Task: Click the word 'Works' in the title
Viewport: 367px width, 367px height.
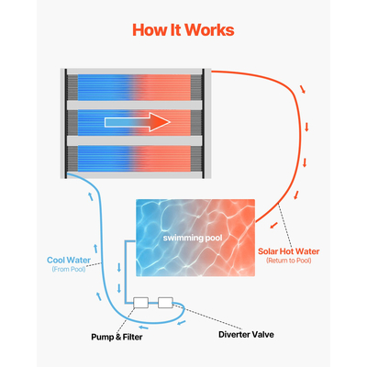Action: [210, 29]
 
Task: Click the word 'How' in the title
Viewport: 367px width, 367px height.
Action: [149, 29]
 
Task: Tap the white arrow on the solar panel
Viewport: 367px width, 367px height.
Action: [138, 122]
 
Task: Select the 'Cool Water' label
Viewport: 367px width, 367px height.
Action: [69, 259]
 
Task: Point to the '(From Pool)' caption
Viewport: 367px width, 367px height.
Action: [70, 269]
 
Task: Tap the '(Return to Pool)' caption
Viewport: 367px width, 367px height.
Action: [289, 261]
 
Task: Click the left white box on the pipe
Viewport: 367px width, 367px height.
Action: [141, 302]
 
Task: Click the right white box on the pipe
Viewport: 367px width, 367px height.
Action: [165, 302]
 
